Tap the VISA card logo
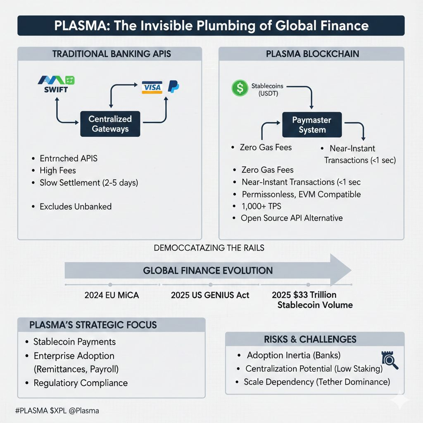click(x=152, y=87)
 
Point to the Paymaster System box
click(x=312, y=125)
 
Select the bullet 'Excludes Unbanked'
click(x=75, y=206)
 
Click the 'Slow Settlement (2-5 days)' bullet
click(x=88, y=182)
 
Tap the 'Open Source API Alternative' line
click(x=292, y=218)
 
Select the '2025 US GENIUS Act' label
click(x=210, y=295)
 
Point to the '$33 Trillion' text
click(x=304, y=295)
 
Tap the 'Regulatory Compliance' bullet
click(x=80, y=383)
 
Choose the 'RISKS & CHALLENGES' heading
click(x=310, y=339)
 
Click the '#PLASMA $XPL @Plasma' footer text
click(x=57, y=411)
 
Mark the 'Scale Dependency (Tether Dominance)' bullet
click(x=316, y=382)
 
